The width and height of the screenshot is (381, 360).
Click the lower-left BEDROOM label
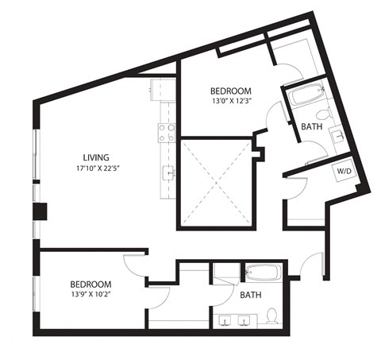[x=90, y=284]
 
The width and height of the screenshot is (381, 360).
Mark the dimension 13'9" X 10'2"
[x=90, y=295]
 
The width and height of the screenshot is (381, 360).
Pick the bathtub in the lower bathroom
[x=261, y=273]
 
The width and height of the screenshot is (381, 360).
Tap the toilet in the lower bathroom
[x=271, y=315]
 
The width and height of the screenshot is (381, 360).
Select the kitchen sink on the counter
[x=167, y=171]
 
